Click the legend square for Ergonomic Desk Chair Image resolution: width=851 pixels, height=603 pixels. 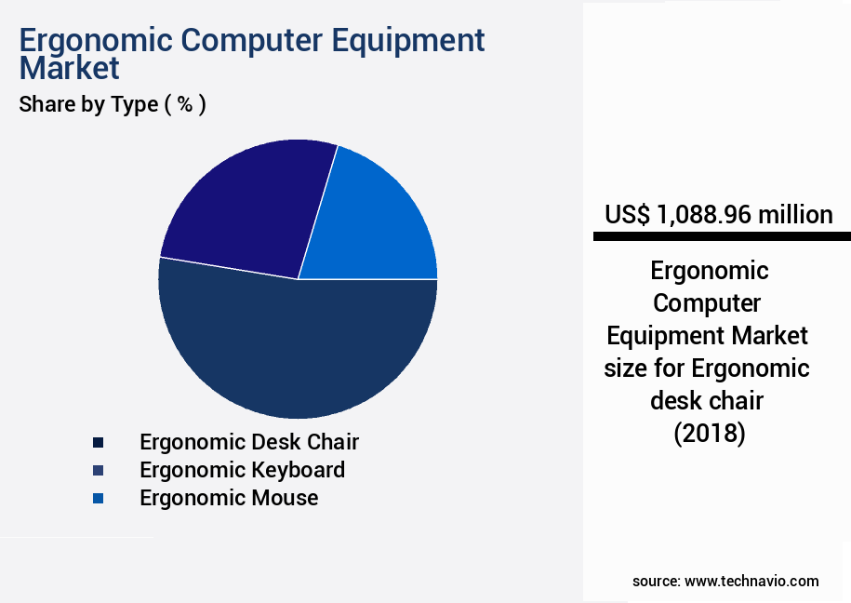pos(98,442)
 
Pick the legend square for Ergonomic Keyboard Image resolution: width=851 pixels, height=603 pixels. pos(98,470)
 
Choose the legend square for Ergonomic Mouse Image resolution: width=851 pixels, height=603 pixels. pos(98,499)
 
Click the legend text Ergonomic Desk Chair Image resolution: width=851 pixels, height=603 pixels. pos(249,442)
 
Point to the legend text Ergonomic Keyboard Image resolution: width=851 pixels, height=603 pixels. pos(242,470)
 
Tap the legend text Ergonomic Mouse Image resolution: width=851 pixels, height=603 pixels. pos(229,498)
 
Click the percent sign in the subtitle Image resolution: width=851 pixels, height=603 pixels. pos(186,104)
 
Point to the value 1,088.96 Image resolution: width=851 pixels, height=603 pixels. pos(704,215)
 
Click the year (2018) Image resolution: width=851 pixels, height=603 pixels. pos(709,434)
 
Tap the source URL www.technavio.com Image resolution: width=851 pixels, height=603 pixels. pos(751,581)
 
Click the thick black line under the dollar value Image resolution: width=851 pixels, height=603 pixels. pos(722,237)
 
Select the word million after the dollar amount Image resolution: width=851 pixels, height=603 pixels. pos(795,215)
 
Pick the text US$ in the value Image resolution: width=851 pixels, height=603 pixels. pos(627,215)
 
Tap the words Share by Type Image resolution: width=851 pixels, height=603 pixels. pos(88,104)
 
